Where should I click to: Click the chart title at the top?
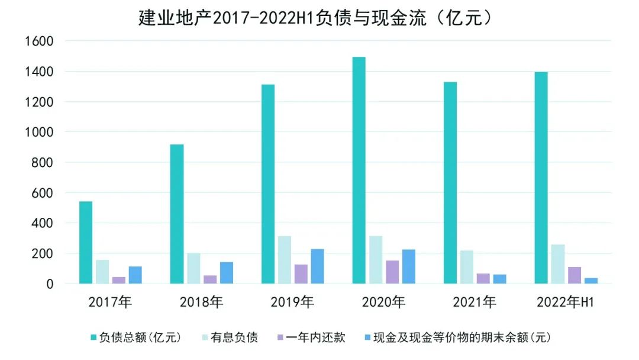coord(316,18)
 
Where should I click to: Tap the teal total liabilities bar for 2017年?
coord(86,243)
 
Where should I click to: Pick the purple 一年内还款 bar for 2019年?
coord(301,274)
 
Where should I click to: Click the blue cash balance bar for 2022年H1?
coord(591,281)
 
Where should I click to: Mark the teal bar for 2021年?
coord(450,183)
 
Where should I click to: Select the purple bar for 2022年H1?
coord(575,275)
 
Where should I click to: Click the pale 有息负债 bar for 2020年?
coord(376,260)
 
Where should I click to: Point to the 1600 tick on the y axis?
coord(38,41)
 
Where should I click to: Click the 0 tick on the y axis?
coord(50,284)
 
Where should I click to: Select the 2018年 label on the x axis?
coord(201,303)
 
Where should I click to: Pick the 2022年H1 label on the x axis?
coord(566,303)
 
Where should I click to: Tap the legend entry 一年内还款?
coord(310,338)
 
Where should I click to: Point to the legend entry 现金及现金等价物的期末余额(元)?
coord(458,338)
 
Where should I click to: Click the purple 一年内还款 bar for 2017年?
coord(119,280)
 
